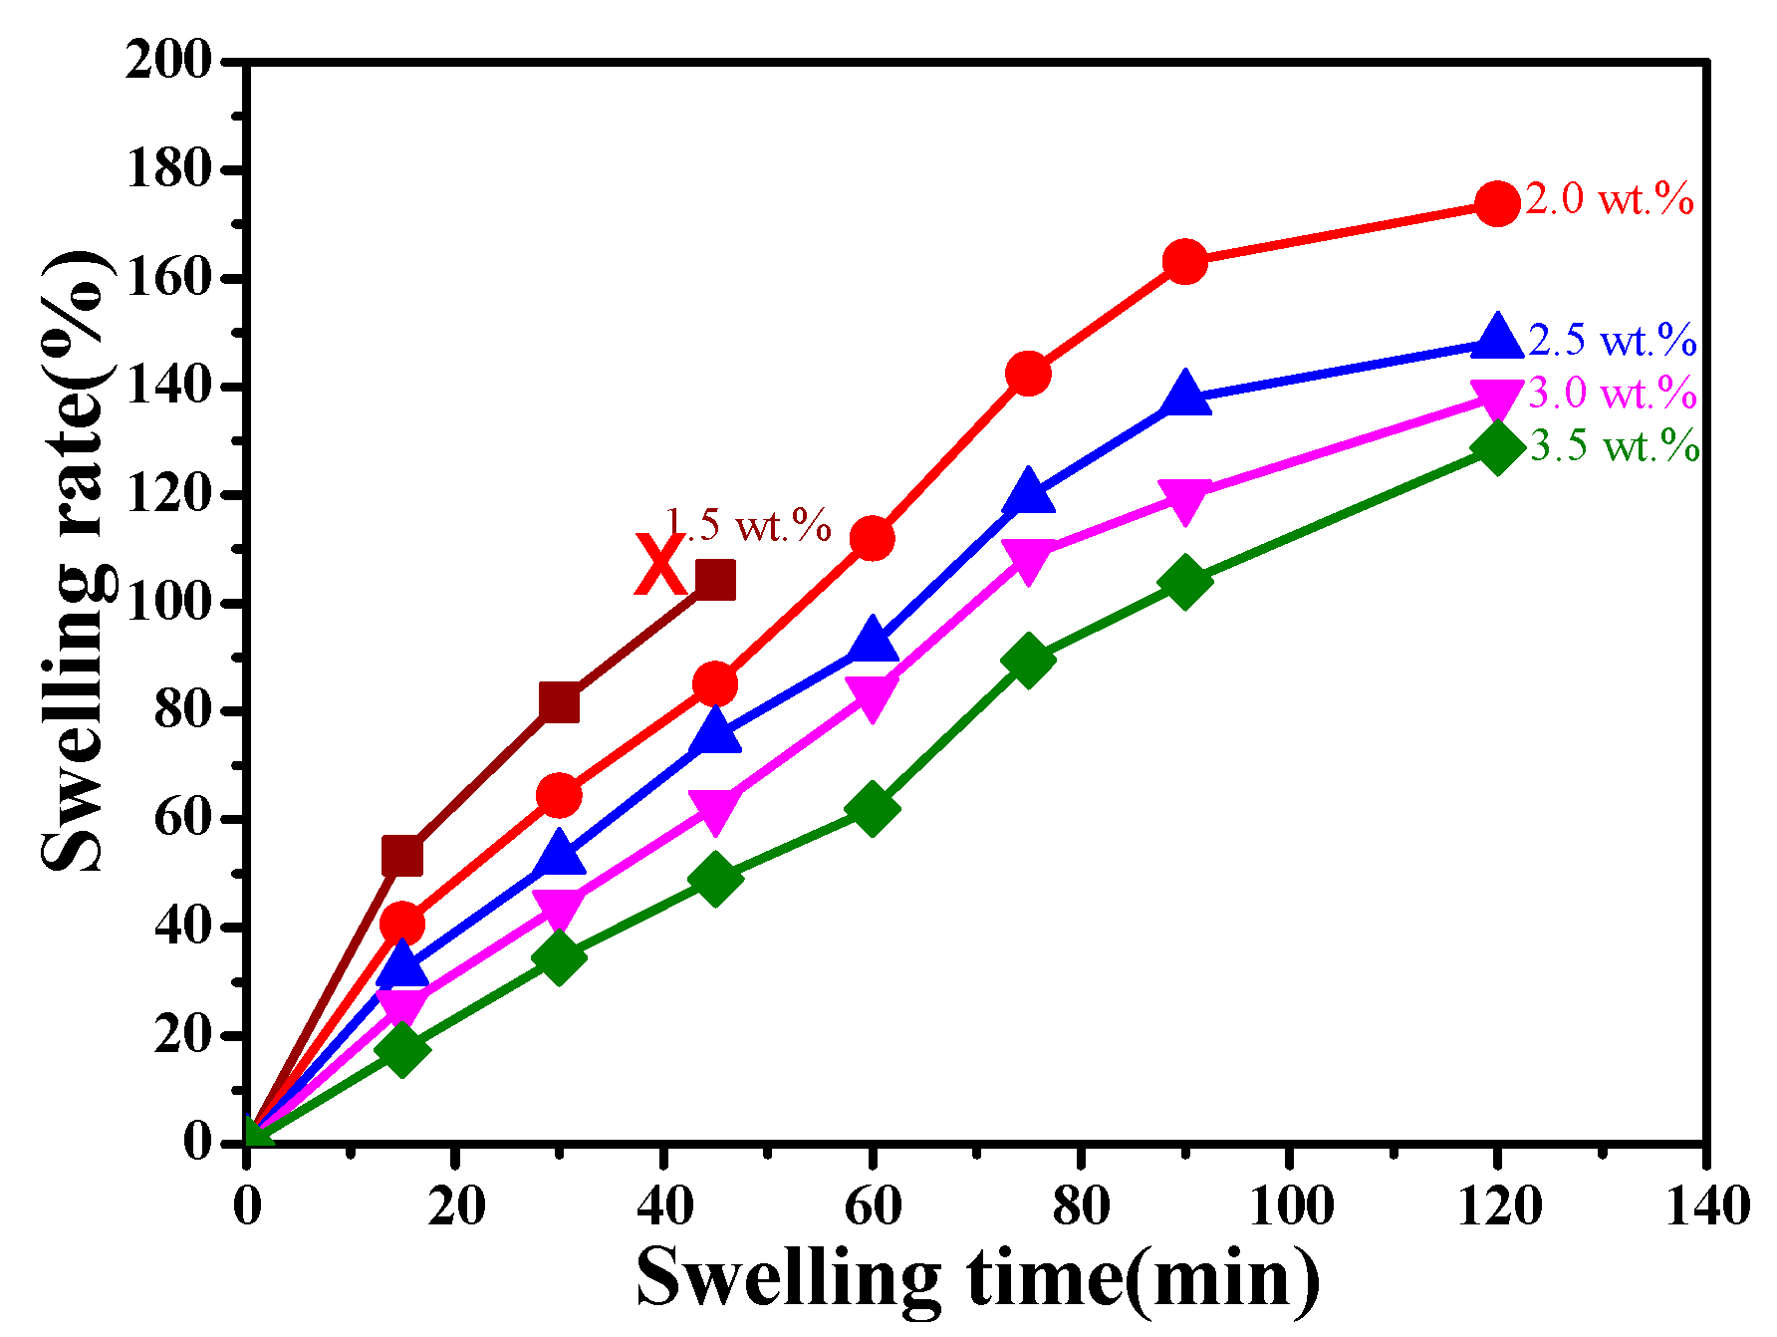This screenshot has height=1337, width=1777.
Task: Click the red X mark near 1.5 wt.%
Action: coord(658,565)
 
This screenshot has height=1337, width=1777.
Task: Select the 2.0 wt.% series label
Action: coord(1609,199)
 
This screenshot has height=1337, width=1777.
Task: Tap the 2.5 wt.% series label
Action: coord(1612,341)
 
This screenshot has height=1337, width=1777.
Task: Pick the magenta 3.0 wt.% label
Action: coord(1612,394)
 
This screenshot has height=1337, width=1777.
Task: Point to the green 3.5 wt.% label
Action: coord(1614,446)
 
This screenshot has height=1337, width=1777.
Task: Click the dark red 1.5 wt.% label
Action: coord(747,525)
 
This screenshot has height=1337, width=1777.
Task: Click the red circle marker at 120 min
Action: coord(1496,204)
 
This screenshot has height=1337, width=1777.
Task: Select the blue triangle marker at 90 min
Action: coord(1184,395)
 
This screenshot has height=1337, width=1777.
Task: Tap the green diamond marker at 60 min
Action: coord(872,808)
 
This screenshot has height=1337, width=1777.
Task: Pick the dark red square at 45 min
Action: coord(715,579)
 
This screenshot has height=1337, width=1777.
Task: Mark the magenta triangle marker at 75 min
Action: coord(1028,559)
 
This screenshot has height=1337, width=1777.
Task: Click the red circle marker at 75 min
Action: coord(1028,374)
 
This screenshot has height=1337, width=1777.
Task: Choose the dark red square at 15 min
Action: coord(402,856)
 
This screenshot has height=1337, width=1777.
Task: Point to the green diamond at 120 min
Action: coord(1496,446)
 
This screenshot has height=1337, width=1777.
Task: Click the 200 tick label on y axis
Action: coord(169,62)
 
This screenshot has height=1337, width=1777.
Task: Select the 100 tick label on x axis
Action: coord(1290,1207)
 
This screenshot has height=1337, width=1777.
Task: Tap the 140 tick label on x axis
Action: coord(1706,1207)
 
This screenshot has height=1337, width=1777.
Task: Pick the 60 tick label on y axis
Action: coord(184,819)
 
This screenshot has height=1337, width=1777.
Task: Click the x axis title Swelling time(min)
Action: coord(978,1277)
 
